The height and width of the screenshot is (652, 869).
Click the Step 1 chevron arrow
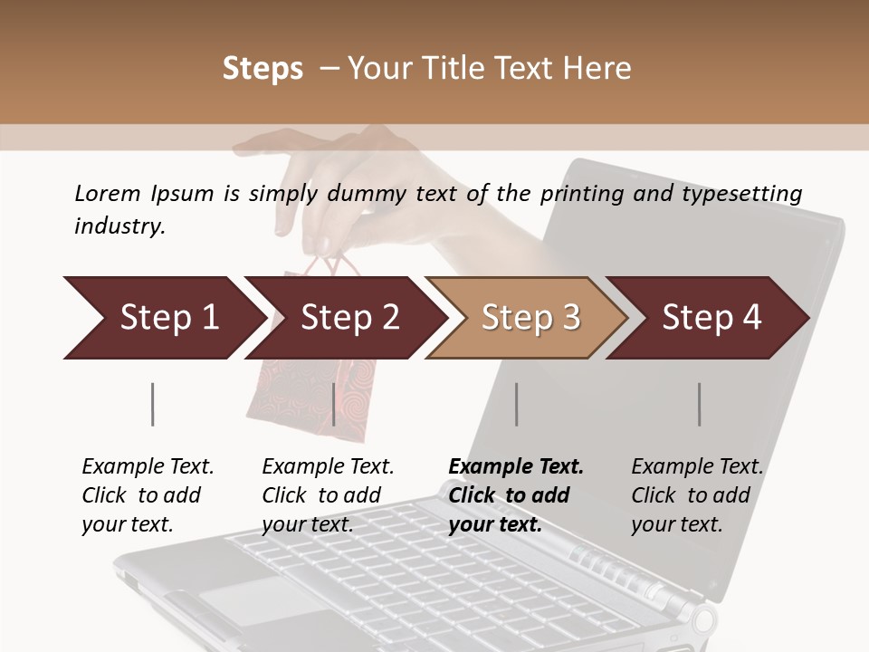163,318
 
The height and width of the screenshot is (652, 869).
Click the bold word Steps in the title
263,69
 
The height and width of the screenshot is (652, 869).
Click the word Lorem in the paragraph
107,194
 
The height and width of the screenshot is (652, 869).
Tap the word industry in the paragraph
119,226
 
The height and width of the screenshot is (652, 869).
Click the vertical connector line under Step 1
152,404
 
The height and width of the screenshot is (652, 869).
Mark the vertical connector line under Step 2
334,404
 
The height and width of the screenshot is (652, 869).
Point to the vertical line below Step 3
516,404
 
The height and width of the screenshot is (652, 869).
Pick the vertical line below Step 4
699,404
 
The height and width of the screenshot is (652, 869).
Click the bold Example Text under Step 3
516,467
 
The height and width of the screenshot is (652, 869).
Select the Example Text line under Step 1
148,467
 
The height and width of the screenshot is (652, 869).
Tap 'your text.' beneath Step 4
676,524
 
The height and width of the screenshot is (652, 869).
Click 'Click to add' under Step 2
321,495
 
